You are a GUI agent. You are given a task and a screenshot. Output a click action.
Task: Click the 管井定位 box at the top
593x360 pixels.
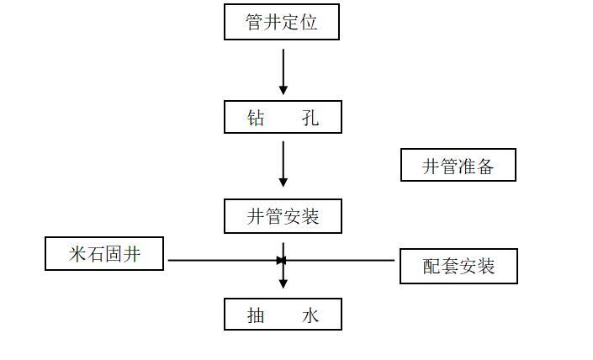click(x=281, y=22)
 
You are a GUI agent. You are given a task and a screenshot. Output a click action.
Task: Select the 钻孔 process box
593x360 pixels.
click(x=283, y=117)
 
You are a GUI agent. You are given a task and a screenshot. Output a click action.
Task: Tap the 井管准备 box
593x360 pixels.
click(x=458, y=166)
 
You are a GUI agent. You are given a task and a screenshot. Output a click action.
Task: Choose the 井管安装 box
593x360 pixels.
click(x=283, y=216)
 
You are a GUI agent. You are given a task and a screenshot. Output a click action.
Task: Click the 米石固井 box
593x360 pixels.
click(x=104, y=253)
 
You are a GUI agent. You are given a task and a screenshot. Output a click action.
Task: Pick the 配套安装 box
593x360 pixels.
click(x=458, y=266)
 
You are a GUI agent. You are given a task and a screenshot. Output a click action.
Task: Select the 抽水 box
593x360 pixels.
click(x=283, y=315)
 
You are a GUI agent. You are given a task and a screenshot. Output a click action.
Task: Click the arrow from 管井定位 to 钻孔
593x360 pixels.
click(x=283, y=71)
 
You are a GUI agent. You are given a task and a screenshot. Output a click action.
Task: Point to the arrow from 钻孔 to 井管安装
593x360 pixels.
click(x=283, y=164)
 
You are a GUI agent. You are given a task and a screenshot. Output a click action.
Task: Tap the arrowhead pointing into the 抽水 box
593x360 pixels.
click(x=283, y=283)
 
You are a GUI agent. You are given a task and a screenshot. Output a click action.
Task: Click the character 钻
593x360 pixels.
click(x=256, y=118)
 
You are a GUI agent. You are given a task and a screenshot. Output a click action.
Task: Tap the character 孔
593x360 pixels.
click(x=310, y=118)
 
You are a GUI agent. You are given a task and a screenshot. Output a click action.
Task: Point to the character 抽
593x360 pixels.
click(x=256, y=315)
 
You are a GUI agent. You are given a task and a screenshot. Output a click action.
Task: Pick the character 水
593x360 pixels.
click(x=310, y=315)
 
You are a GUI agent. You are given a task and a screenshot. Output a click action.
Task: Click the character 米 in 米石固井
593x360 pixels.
click(x=78, y=254)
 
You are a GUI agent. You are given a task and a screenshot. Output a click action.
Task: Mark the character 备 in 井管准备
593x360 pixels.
click(x=484, y=167)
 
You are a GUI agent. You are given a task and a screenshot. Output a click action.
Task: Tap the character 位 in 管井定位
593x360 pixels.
click(x=309, y=23)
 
